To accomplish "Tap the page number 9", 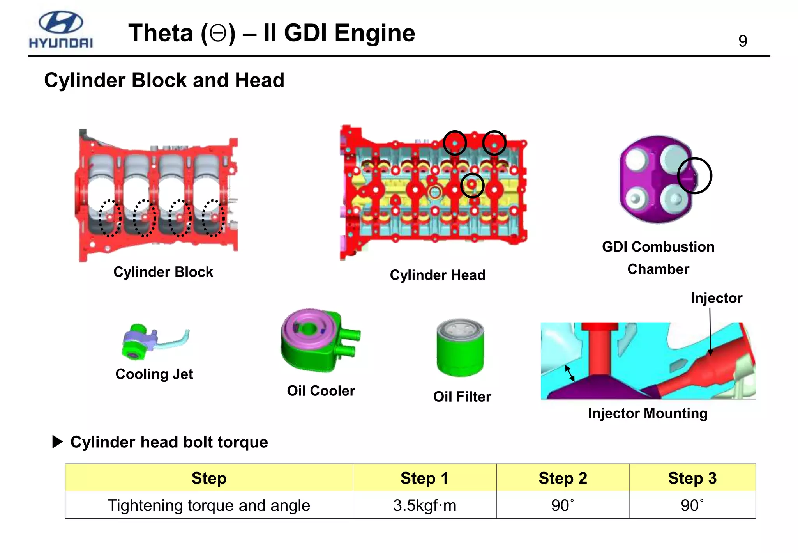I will (742, 41).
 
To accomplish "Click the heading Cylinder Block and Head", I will (164, 80).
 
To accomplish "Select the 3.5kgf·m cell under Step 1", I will (424, 505).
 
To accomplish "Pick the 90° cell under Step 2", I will (562, 505).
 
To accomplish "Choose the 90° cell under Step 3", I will (692, 505).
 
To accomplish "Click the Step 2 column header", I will (562, 478).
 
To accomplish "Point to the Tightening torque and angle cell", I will (209, 505).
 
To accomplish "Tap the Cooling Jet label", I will (154, 374).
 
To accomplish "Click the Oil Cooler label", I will (321, 391).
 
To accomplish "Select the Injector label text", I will (716, 298).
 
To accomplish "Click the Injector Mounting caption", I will (648, 413).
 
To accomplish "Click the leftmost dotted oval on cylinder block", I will (109, 218).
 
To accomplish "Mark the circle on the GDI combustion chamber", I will (694, 176).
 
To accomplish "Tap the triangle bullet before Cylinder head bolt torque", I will (57, 442).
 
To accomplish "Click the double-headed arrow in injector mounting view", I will (570, 373).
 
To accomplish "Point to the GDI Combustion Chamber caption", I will (658, 258).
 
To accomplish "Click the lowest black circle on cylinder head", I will (472, 185).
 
